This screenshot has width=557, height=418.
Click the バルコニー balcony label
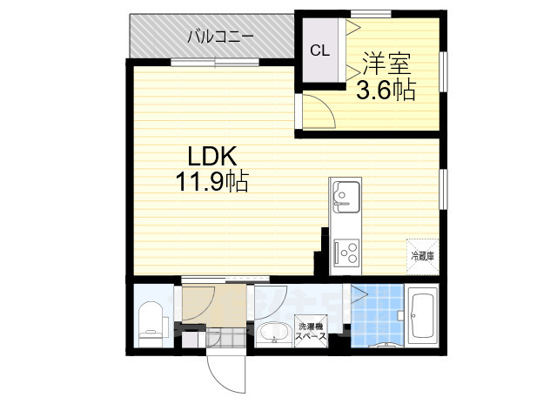click(x=221, y=37)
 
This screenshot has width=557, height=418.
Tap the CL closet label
click(x=319, y=50)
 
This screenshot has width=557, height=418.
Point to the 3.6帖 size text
click(x=386, y=89)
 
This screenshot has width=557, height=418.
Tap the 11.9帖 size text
click(x=213, y=181)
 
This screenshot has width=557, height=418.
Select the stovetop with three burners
click(x=346, y=252)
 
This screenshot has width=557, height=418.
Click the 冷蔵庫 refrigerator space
click(x=422, y=254)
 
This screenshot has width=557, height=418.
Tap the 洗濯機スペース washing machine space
click(x=311, y=332)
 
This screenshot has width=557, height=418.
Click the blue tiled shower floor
click(x=375, y=312)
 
